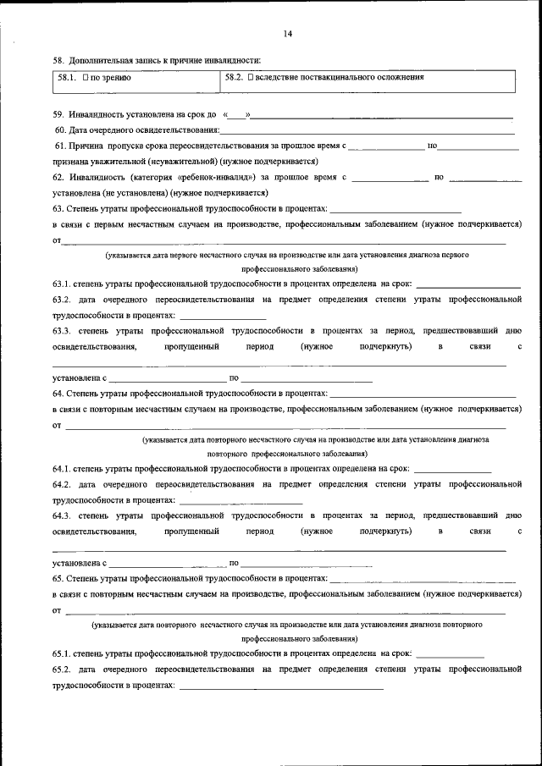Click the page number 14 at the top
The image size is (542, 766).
288,35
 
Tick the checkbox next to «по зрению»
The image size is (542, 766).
86,78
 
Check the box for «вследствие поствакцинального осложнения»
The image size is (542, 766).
252,78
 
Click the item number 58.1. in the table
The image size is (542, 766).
69,78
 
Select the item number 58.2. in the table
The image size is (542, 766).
235,78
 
